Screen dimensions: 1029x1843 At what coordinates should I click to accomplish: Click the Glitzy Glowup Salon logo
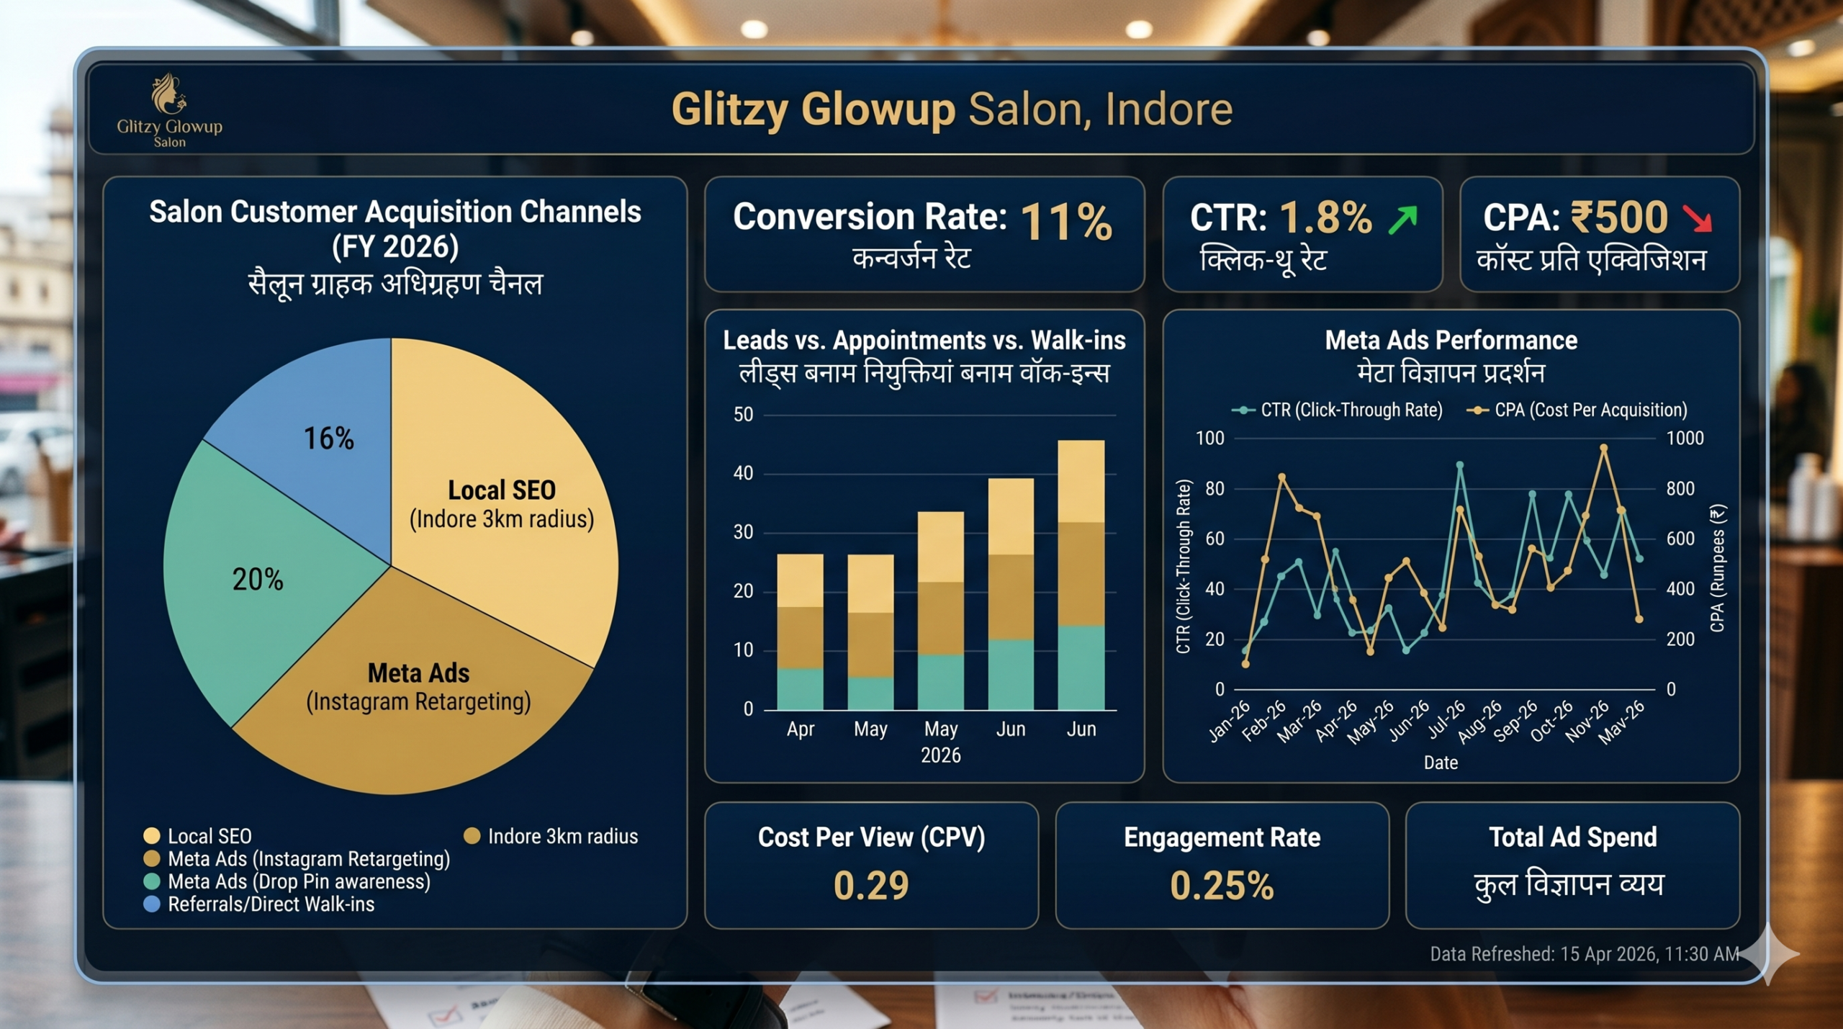pos(169,110)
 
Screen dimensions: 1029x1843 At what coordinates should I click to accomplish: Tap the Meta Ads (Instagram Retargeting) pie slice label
pos(418,687)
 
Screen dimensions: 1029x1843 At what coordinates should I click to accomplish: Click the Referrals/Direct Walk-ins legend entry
pos(270,904)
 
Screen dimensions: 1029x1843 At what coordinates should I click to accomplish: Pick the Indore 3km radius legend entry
pos(562,837)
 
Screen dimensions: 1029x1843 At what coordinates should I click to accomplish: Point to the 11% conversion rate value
pos(1066,221)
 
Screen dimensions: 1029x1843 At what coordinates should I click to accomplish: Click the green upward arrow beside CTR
pos(1403,220)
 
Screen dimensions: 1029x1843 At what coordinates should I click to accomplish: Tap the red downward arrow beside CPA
pos(1698,218)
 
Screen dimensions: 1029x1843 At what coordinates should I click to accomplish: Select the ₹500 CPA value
pos(1619,217)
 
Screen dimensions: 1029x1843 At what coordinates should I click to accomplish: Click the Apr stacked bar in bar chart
pos(800,632)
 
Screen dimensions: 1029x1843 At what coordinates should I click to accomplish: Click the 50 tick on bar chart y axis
pos(743,415)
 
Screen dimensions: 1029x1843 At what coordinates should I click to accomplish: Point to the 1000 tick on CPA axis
pos(1685,439)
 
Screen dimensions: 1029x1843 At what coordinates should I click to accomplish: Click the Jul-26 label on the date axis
pos(1446,720)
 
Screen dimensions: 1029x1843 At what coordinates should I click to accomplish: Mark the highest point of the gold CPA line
pos(1604,448)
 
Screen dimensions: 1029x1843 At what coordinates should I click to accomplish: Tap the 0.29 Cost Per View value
pos(871,886)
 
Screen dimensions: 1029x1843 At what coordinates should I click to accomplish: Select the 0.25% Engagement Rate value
pos(1222,886)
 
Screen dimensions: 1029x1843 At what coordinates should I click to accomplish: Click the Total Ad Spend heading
pos(1572,837)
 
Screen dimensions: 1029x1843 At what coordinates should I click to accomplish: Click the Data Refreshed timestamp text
pos(1584,954)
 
